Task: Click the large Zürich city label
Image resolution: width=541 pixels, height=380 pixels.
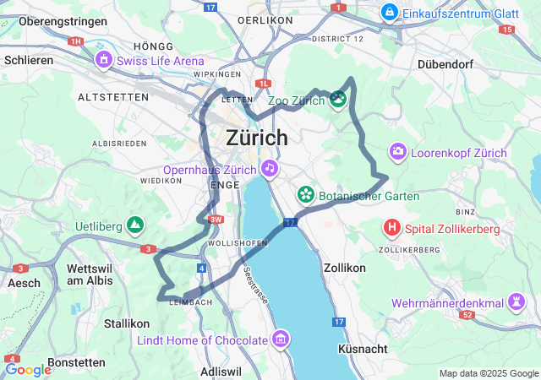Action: [257, 138]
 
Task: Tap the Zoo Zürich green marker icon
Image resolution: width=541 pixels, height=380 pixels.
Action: [338, 100]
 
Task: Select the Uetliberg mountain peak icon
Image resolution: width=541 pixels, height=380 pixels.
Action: [134, 225]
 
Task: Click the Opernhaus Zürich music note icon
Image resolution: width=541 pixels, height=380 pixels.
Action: [269, 168]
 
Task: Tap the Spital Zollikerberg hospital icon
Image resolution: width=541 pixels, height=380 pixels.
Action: [392, 227]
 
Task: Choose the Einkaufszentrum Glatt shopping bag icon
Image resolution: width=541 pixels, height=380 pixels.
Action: [389, 12]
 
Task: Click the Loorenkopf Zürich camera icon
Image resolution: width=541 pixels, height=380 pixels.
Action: [397, 152]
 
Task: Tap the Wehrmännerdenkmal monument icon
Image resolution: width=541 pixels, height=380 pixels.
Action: [516, 302]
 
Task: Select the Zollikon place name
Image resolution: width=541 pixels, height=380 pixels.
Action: [345, 268]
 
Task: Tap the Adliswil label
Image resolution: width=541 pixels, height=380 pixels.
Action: [221, 372]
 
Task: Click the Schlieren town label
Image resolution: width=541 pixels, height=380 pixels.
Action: [29, 60]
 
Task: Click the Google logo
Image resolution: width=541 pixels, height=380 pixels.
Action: [28, 369]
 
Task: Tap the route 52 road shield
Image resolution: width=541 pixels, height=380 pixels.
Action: [467, 314]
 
